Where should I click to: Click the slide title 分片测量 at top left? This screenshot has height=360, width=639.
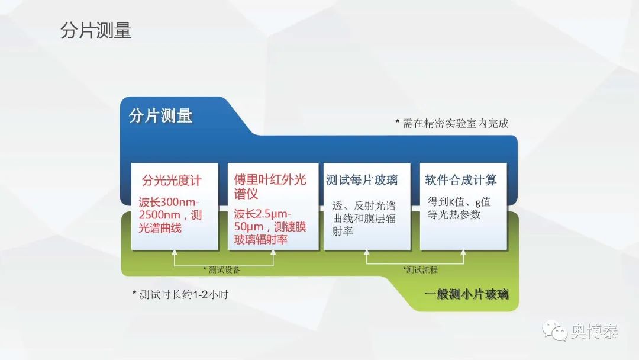pyautogui.click(x=96, y=31)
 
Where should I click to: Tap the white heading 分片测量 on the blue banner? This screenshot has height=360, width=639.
pyautogui.click(x=160, y=116)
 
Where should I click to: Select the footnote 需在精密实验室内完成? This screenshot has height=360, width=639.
pyautogui.click(x=452, y=123)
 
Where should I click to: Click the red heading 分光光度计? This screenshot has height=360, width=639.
pyautogui.click(x=172, y=180)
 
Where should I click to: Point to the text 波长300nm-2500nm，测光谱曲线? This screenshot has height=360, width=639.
pyautogui.click(x=170, y=215)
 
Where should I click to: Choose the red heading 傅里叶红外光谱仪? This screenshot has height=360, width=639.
pyautogui.click(x=270, y=187)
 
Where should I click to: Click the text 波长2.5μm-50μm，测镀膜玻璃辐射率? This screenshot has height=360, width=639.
pyautogui.click(x=270, y=227)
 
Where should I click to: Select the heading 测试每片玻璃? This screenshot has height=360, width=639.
pyautogui.click(x=362, y=180)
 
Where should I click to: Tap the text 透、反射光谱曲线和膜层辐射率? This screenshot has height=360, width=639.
pyautogui.click(x=364, y=218)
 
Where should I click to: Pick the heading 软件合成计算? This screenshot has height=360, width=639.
pyautogui.click(x=460, y=180)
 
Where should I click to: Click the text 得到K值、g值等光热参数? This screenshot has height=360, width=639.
pyautogui.click(x=459, y=208)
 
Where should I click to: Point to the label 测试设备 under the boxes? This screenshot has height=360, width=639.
pyautogui.click(x=222, y=270)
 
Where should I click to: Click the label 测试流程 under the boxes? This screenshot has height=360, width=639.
pyautogui.click(x=420, y=269)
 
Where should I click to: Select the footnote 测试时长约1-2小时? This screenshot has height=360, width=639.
pyautogui.click(x=180, y=294)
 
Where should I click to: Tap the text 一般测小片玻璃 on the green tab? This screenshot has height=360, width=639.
pyautogui.click(x=466, y=294)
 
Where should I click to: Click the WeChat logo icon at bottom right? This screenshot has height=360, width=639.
pyautogui.click(x=554, y=330)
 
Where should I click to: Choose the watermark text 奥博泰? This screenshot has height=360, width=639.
pyautogui.click(x=594, y=331)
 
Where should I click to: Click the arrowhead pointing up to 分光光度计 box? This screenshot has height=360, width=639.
pyautogui.click(x=175, y=252)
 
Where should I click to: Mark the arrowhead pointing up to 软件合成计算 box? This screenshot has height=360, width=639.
pyautogui.click(x=463, y=252)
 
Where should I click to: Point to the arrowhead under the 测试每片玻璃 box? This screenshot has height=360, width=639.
pyautogui.click(x=367, y=252)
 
